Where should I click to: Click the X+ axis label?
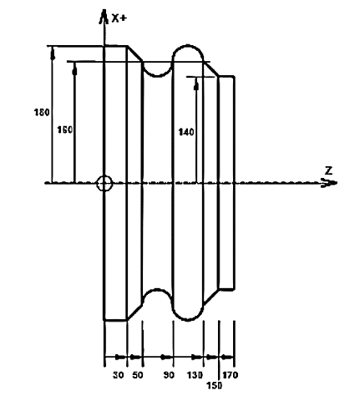tap(119, 18)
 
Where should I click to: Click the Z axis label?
tap(329, 170)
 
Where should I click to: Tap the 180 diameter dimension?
tap(42, 113)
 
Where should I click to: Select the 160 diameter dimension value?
tap(65, 129)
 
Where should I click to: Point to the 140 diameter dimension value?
tap(186, 132)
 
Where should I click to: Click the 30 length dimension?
tap(119, 375)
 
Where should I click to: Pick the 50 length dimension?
tap(138, 375)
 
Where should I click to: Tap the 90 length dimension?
tap(169, 375)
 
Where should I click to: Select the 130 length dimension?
tap(195, 375)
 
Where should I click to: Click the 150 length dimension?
tap(215, 385)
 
